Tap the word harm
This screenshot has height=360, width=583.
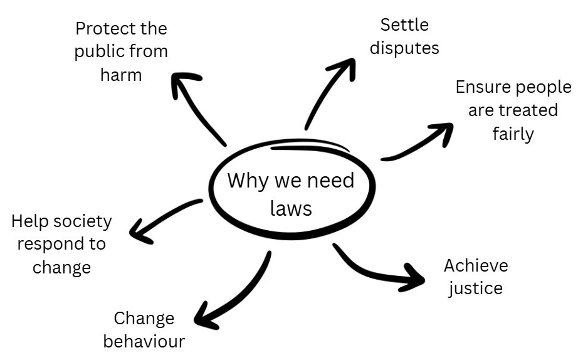click(x=121, y=75)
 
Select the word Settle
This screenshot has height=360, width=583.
click(x=404, y=25)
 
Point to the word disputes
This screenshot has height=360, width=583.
click(x=404, y=48)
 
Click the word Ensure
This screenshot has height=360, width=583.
click(x=483, y=87)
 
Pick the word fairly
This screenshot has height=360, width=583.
click(x=513, y=134)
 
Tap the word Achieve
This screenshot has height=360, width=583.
click(x=476, y=265)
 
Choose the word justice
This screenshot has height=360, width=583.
click(x=476, y=289)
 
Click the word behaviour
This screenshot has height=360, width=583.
click(x=144, y=341)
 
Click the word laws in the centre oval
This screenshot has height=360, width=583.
click(x=291, y=208)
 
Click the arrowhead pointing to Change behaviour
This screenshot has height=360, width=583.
click(x=204, y=319)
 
